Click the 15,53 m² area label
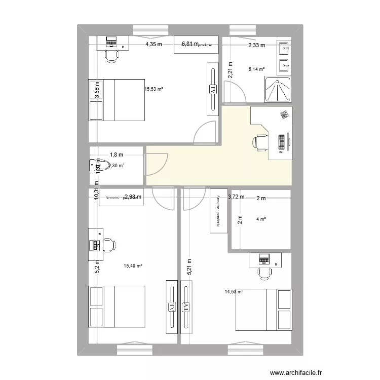[x=153, y=89]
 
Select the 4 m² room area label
[x=261, y=219]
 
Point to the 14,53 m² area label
[x=234, y=291]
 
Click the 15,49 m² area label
[x=133, y=265]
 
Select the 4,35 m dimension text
[x=154, y=45]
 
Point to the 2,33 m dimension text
[x=256, y=46]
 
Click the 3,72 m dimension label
[x=236, y=197]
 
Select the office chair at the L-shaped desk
[x=261, y=142]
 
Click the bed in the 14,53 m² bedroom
[x=263, y=310]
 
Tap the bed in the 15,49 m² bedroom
[x=117, y=307]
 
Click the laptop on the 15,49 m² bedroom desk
[x=94, y=245]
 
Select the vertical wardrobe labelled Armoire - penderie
[x=218, y=211]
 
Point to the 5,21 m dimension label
[x=189, y=268]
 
